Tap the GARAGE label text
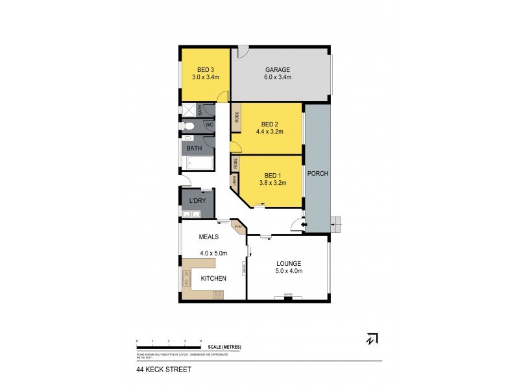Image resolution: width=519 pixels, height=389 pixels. click(x=277, y=69)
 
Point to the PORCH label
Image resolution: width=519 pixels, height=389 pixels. click(x=318, y=174)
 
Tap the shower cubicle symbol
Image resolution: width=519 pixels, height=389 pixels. click(x=188, y=110)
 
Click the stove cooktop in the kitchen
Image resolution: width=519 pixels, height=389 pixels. click(x=218, y=293)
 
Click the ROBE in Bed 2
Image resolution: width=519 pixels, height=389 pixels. click(x=237, y=117)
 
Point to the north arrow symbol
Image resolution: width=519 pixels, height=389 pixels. click(x=373, y=338)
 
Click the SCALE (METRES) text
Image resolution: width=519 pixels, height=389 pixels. click(x=224, y=347)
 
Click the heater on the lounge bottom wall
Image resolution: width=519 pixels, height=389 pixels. click(x=289, y=297)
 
